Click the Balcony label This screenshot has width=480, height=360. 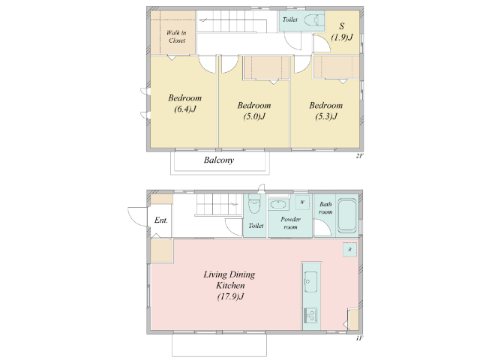pos(219,160)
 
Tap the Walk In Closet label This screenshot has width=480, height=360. pos(176,37)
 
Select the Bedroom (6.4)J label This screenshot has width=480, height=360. pos(185,103)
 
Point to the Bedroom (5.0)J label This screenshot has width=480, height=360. pos(254,111)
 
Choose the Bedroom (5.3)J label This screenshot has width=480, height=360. pos(326,111)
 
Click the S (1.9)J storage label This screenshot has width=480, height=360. pos(342,31)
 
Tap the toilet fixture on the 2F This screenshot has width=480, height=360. pos(313,20)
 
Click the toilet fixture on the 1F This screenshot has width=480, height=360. pos(254,203)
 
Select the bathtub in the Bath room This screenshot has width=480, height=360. pos(347,215)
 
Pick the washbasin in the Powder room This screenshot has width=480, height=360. pos(278,205)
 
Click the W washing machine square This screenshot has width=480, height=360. pos(302,202)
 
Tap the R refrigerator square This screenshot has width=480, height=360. pos(349,250)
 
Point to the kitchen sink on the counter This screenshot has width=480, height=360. pos(310,281)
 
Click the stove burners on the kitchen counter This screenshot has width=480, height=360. pos(310,315)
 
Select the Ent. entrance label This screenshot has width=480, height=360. pos(161,220)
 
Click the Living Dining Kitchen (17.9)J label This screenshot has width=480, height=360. pos(229,285)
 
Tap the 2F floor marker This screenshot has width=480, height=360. pos(359,156)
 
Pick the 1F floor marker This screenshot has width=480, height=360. pos(359,338)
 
